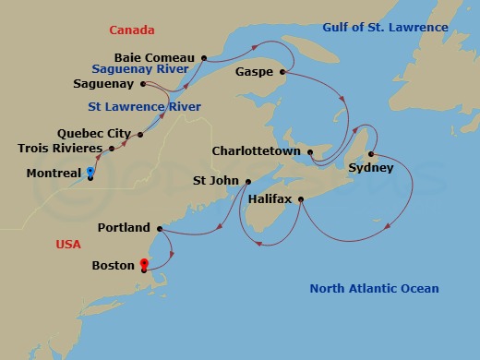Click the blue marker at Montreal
[90, 173]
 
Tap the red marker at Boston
[144, 266]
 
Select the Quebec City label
[93, 134]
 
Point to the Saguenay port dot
[143, 84]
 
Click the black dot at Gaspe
[282, 71]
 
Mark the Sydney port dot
[370, 154]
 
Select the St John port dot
[247, 181]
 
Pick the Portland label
[124, 227]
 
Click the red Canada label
[131, 30]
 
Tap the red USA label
[67, 244]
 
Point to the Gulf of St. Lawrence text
[385, 28]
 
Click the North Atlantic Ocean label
[374, 289]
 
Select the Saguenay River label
[140, 68]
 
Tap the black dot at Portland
[160, 228]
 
